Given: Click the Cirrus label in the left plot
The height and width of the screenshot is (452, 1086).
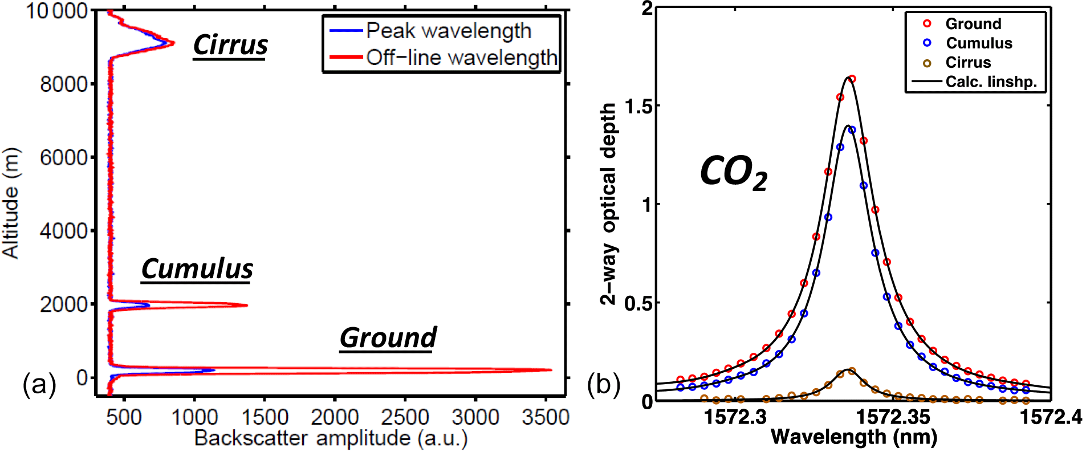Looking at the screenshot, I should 230,44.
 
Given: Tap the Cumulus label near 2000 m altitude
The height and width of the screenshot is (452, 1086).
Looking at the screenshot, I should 197,268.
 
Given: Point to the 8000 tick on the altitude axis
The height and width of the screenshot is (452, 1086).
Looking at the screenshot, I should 64,84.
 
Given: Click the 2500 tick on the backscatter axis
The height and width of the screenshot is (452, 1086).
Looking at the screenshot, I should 405,418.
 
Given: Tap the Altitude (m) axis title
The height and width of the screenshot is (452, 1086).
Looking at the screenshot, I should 11,203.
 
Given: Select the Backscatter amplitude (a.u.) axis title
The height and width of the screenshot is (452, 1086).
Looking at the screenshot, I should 331,438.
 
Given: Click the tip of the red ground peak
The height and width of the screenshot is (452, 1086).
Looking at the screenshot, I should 550,370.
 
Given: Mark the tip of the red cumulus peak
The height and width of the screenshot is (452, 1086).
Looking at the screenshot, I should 247,306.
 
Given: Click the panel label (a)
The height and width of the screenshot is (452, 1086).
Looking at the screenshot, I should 39,385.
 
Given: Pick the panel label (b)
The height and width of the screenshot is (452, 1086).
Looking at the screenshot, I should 604,385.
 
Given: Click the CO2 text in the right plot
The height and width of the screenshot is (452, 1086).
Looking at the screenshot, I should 733,172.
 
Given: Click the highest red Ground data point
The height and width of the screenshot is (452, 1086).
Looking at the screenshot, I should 852,79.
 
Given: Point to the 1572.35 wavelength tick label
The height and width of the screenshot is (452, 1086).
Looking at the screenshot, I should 893,417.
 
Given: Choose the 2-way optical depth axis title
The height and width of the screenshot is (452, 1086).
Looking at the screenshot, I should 608,204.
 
